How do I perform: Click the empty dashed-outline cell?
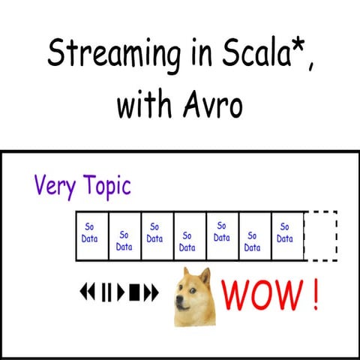click(x=320, y=235)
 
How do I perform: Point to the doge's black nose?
click(x=179, y=305)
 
